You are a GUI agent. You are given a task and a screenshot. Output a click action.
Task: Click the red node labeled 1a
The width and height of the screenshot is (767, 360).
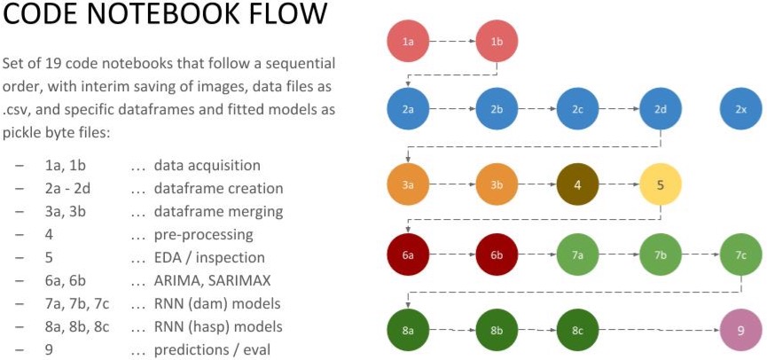[408, 42]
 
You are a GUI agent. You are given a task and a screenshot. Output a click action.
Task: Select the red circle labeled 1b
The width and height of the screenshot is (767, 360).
[497, 42]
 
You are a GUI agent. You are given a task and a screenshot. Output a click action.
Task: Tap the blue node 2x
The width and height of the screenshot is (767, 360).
[741, 109]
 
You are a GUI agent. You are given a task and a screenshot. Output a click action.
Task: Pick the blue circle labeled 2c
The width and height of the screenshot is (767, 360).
[578, 109]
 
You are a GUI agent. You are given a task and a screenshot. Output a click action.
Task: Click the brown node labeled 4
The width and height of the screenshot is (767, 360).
[578, 185]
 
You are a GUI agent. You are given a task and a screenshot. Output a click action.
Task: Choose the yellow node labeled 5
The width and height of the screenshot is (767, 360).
[661, 185]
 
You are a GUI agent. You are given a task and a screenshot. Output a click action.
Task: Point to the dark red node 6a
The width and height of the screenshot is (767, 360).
[408, 254]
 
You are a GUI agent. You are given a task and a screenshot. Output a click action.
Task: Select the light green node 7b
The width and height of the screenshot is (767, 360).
[661, 254]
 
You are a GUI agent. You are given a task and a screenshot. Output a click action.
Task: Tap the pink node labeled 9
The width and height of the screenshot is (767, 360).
[741, 331]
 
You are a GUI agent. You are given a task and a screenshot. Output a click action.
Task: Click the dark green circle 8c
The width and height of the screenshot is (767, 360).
[578, 331]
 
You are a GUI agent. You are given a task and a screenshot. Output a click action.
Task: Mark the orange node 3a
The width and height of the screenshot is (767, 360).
[408, 185]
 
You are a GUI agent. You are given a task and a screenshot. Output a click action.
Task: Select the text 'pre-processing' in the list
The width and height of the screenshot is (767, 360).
[203, 235]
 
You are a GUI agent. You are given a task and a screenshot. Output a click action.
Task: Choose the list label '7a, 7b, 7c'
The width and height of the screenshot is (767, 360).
[76, 304]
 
